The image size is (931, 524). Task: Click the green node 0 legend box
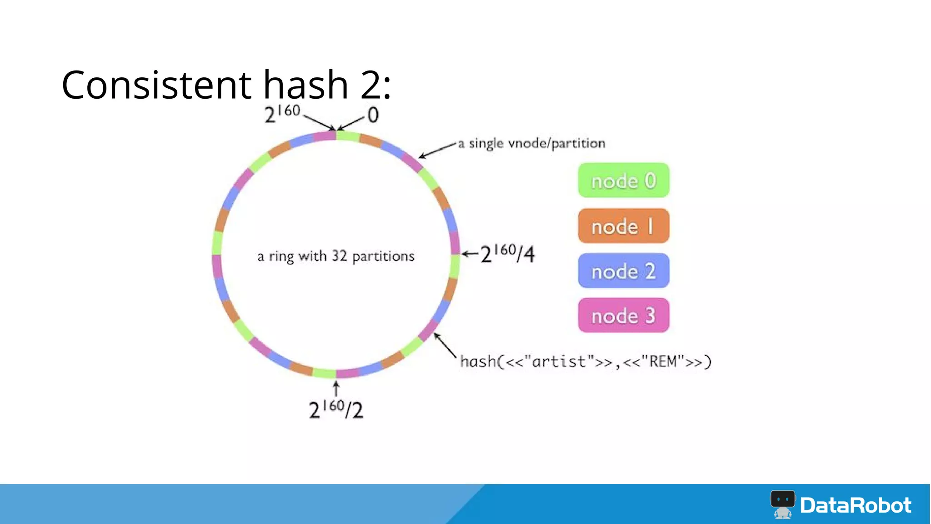click(623, 181)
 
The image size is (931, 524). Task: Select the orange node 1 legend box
click(623, 226)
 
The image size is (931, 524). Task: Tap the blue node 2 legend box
click(623, 271)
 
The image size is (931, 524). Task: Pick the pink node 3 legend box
click(623, 316)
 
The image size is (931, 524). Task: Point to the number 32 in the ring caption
click(339, 256)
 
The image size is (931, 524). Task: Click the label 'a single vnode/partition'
click(531, 143)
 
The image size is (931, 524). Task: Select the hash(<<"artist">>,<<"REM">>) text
click(586, 362)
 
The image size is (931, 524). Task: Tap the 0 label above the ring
click(373, 115)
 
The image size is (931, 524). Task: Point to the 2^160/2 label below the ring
click(336, 409)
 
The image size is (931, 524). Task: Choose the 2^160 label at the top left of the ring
click(282, 114)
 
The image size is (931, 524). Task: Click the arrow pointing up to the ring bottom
click(336, 389)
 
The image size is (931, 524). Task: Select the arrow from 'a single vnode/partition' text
click(437, 150)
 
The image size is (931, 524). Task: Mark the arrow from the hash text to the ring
click(445, 345)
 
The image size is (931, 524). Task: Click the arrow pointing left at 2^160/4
click(470, 253)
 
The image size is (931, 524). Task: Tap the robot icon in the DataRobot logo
click(782, 504)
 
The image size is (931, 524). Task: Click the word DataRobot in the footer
click(856, 505)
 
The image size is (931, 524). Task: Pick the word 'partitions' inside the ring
click(383, 257)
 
